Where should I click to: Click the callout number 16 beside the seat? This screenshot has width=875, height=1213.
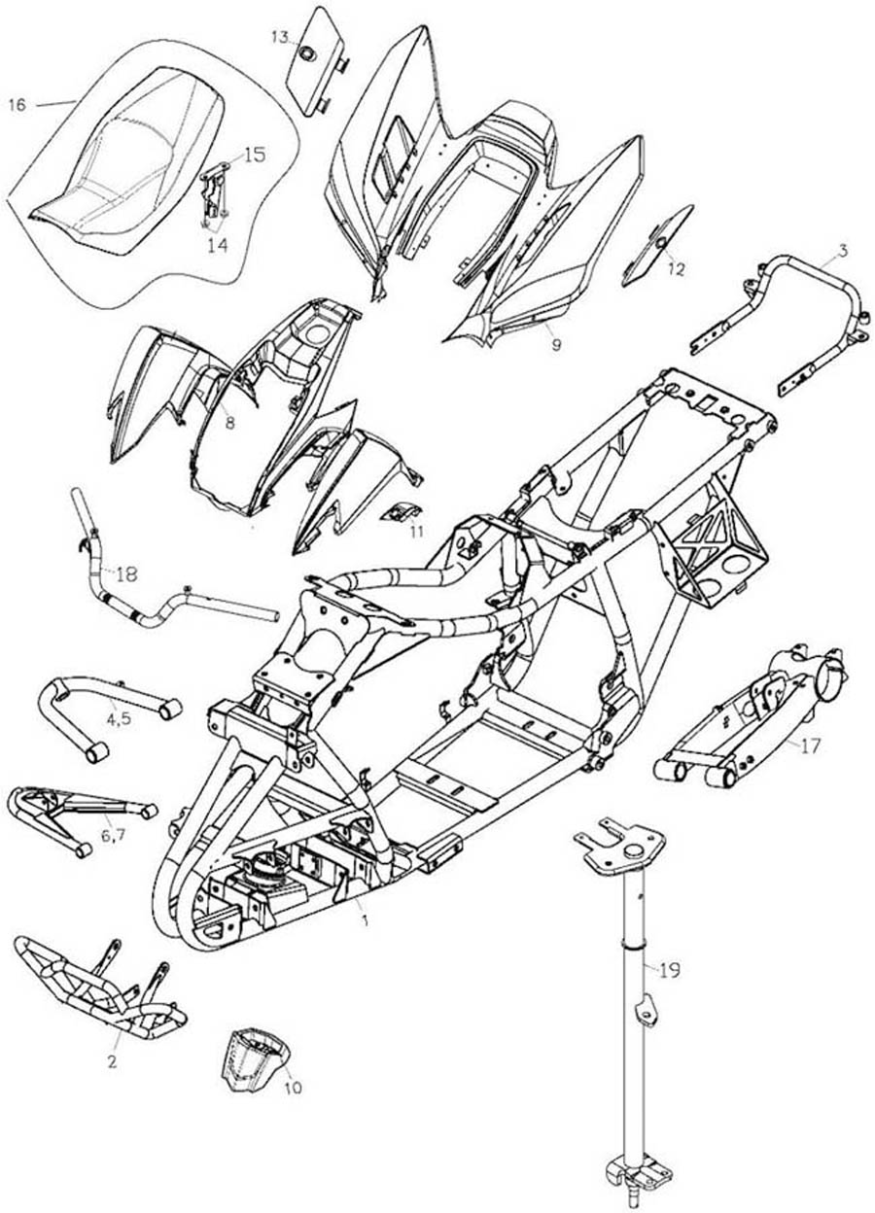click(x=17, y=104)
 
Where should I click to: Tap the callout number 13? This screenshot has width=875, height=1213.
click(x=280, y=37)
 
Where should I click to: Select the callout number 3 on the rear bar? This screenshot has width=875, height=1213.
click(x=843, y=251)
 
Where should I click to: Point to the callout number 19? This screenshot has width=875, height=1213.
click(x=668, y=969)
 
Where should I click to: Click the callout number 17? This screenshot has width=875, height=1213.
click(x=810, y=747)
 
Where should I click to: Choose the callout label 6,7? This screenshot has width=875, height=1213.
click(x=112, y=835)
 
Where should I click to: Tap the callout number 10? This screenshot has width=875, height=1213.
click(x=292, y=1088)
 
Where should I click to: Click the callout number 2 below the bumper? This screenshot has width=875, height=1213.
click(x=113, y=1062)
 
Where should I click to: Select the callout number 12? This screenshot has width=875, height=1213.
click(x=676, y=268)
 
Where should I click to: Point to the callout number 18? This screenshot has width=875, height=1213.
click(x=125, y=573)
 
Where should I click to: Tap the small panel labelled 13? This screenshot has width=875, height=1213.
click(x=312, y=63)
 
